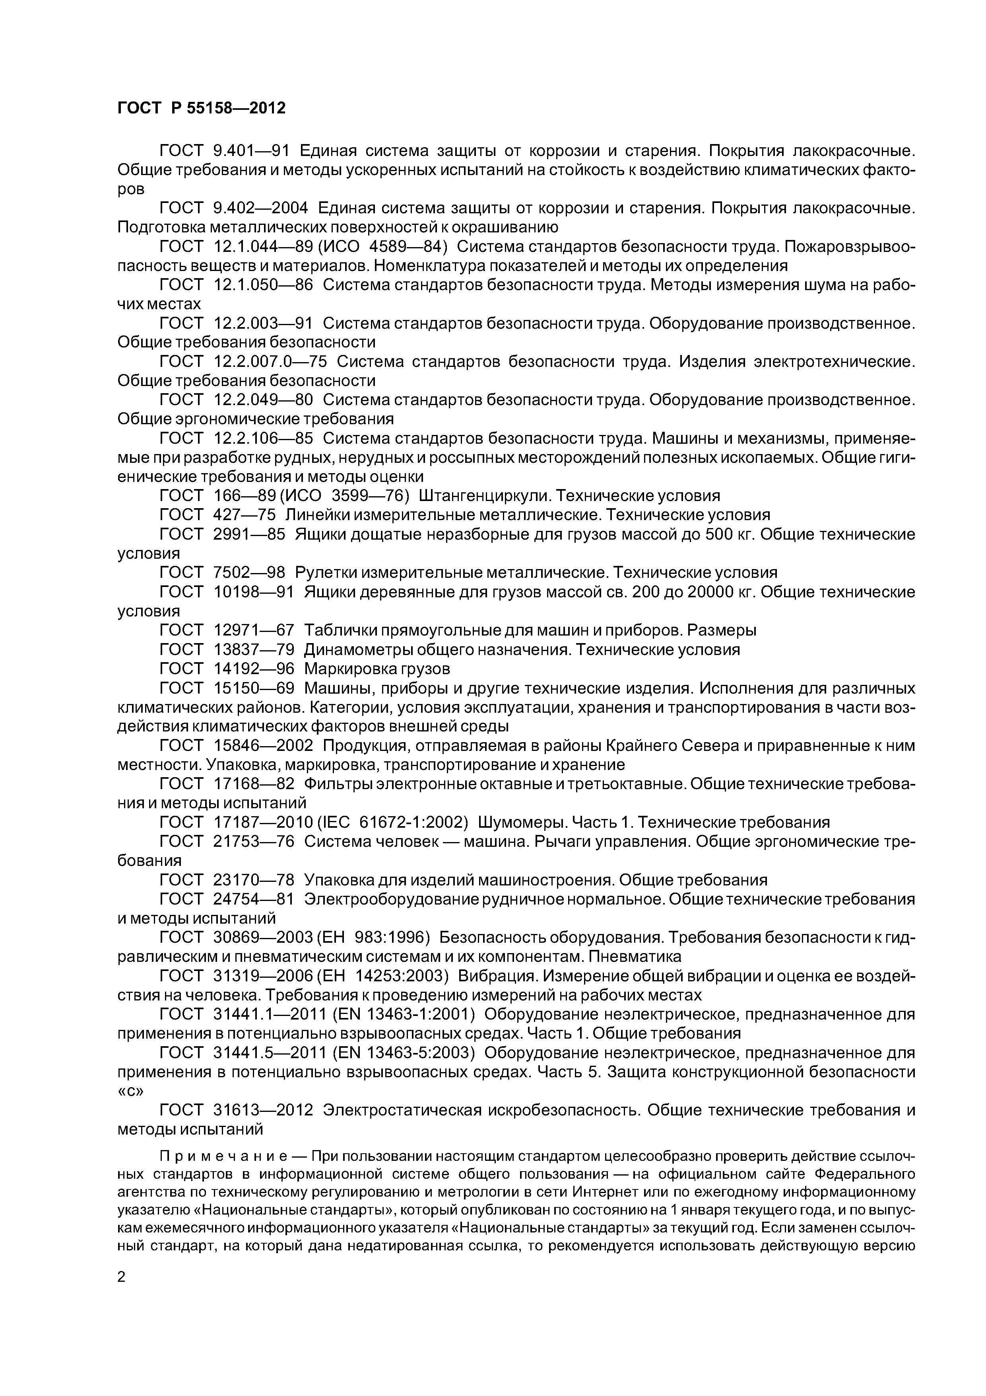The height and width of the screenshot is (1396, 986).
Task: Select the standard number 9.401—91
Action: coord(252,150)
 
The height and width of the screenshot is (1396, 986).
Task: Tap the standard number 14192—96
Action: coord(254,669)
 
